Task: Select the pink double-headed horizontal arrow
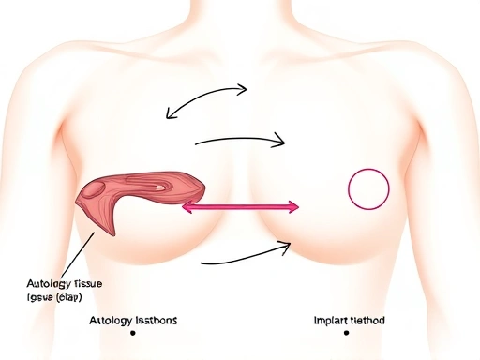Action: point(239,206)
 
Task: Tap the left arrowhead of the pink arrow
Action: point(186,206)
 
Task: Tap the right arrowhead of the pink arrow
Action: point(292,206)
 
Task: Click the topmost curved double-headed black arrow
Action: point(206,99)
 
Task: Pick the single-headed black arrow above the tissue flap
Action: point(239,140)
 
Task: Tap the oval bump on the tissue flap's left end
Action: point(92,190)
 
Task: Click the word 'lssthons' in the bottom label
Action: point(150,321)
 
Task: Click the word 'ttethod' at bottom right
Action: point(366,321)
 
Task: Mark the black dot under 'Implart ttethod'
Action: point(346,333)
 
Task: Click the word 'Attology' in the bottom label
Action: point(101,321)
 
